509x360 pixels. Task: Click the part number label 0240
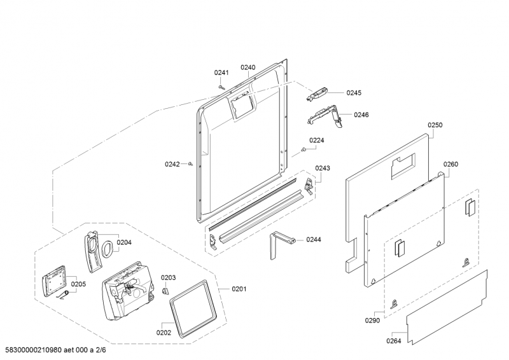(248, 67)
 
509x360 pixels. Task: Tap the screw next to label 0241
(221, 87)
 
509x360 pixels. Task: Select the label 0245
(354, 93)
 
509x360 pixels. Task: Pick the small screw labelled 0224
(304, 149)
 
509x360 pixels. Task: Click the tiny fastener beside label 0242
(191, 164)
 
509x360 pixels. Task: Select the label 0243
(323, 169)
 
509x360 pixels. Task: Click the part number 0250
(435, 125)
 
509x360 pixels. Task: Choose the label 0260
(450, 164)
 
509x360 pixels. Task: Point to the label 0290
(372, 321)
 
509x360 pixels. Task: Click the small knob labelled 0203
(165, 291)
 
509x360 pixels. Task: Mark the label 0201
(238, 290)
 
